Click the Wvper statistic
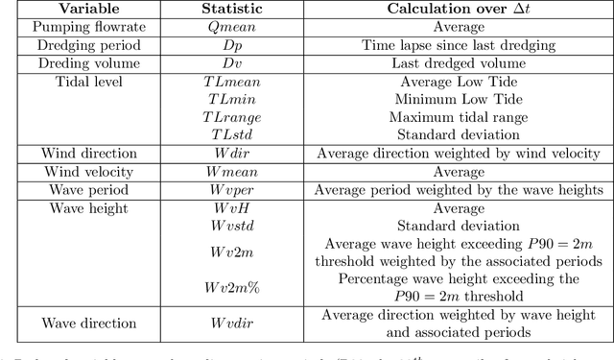228,189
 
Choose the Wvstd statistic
228,225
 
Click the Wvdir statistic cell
228,323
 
